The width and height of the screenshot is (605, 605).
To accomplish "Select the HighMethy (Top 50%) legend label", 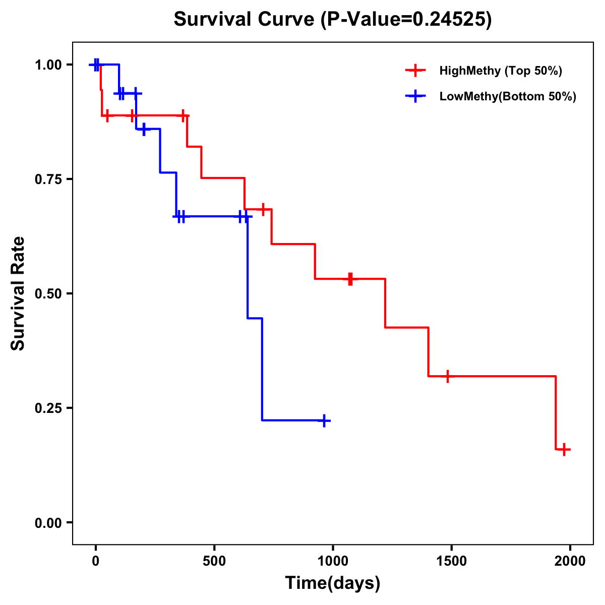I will (x=500, y=71).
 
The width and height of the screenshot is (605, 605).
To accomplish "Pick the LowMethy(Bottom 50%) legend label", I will (x=508, y=96).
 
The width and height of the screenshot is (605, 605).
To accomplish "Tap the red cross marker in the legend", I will (x=414, y=71).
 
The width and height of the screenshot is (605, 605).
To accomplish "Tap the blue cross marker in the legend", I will (x=414, y=96).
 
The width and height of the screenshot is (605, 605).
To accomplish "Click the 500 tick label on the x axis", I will (x=214, y=561).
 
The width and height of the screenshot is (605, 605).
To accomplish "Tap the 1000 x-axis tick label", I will (x=333, y=561).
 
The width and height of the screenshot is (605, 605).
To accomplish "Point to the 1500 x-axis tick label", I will (x=451, y=561).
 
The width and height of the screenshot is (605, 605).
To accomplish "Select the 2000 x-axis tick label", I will (x=570, y=561).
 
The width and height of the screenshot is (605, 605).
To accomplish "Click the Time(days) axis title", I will (x=333, y=583).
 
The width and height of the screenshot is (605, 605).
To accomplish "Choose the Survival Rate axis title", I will (x=18, y=293).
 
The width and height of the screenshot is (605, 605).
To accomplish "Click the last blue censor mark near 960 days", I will (x=324, y=420).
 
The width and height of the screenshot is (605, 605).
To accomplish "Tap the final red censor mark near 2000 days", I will (x=564, y=449).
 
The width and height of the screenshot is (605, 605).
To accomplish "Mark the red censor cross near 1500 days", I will (x=447, y=376).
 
